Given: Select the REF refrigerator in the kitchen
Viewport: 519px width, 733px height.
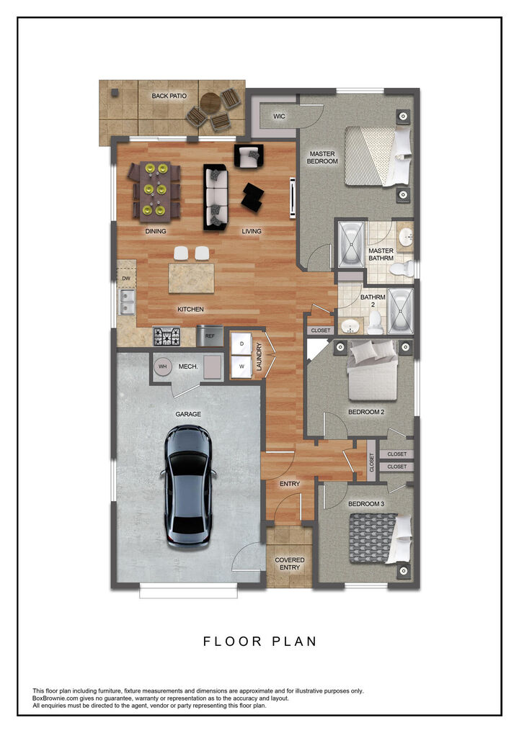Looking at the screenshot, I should point(210,336).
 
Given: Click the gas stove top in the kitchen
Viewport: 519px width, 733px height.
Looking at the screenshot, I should point(167,336).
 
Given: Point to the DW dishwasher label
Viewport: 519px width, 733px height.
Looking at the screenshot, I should point(125,278).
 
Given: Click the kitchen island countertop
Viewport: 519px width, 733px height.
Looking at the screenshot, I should point(191,278).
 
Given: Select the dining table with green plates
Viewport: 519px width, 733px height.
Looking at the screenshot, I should point(153,190).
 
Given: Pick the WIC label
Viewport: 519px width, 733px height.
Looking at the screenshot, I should point(279,115).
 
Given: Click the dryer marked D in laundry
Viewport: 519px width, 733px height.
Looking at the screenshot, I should point(240,343).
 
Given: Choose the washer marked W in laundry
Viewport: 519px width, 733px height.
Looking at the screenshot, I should point(240,366).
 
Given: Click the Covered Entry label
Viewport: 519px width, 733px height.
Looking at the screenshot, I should point(290,563).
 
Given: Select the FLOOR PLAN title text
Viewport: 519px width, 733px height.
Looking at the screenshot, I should point(259,641).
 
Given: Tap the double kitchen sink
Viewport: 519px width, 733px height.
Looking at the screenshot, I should point(127,302).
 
